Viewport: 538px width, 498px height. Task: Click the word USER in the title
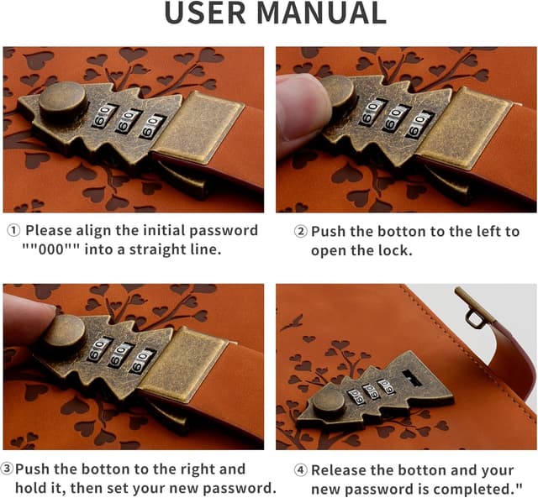pos(205,13)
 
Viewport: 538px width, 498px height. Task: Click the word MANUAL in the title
pos(321,13)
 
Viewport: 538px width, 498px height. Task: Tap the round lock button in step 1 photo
pos(62,98)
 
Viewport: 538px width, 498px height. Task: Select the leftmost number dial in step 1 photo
pos(103,116)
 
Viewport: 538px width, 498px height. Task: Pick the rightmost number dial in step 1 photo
pos(152,127)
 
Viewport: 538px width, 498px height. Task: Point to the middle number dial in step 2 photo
pos(395,118)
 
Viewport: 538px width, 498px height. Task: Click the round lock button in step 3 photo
pos(64,334)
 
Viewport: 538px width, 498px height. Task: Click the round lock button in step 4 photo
pos(329,403)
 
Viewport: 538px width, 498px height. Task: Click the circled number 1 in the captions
pos(13,231)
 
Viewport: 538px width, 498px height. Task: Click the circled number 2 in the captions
pos(301,232)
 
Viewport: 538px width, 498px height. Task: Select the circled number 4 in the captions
pos(301,470)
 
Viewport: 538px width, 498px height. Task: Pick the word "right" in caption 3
pos(198,469)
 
